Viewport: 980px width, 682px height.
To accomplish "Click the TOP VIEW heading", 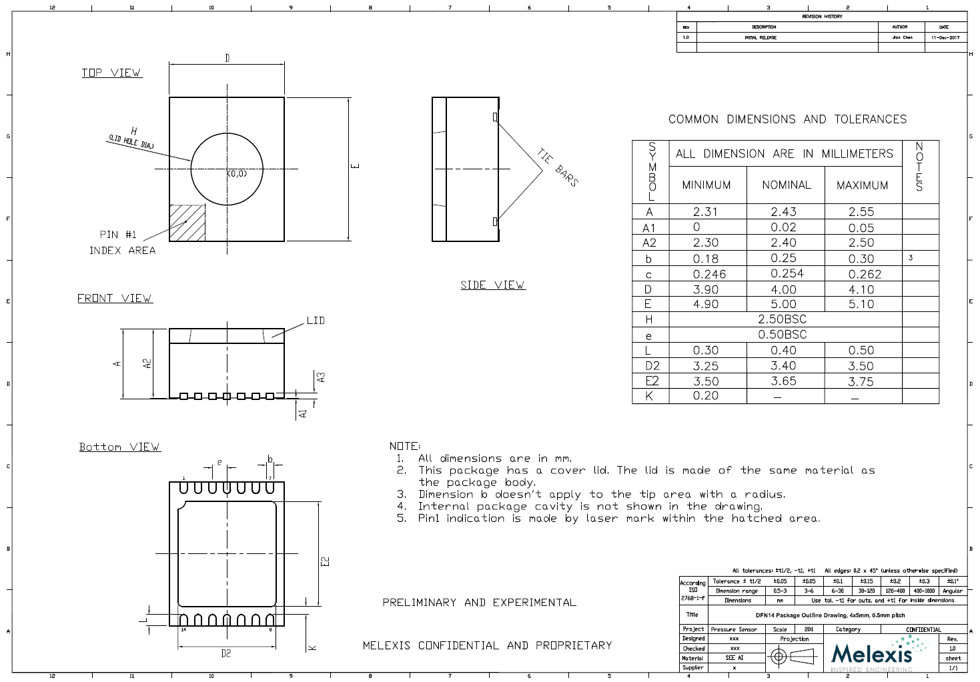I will pos(111,73).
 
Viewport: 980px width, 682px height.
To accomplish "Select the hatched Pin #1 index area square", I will pos(187,223).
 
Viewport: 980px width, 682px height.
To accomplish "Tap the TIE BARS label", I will pos(558,167).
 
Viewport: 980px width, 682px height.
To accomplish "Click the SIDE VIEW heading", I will pos(492,285).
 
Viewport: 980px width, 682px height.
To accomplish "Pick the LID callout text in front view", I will pos(316,321).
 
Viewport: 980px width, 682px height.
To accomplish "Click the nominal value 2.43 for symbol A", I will pos(784,212).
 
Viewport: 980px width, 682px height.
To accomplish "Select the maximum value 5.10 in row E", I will pos(861,304).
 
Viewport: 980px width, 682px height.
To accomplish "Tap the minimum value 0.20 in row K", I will pos(706,396).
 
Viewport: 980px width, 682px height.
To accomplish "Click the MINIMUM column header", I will pos(706,185).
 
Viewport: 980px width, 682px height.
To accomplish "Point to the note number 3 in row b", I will pos(910,258).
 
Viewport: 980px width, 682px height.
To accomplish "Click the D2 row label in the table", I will pos(652,366).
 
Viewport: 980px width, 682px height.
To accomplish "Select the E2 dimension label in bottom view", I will pos(326,561).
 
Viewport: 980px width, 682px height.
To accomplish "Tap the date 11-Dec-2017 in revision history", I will pos(945,37).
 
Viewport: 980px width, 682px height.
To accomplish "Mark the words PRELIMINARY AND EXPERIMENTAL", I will pos(479,603).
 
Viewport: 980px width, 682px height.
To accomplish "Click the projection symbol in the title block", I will pos(794,657).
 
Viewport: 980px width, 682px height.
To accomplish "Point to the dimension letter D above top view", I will pos(227,58).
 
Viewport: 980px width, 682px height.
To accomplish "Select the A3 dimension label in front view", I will pos(322,377).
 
